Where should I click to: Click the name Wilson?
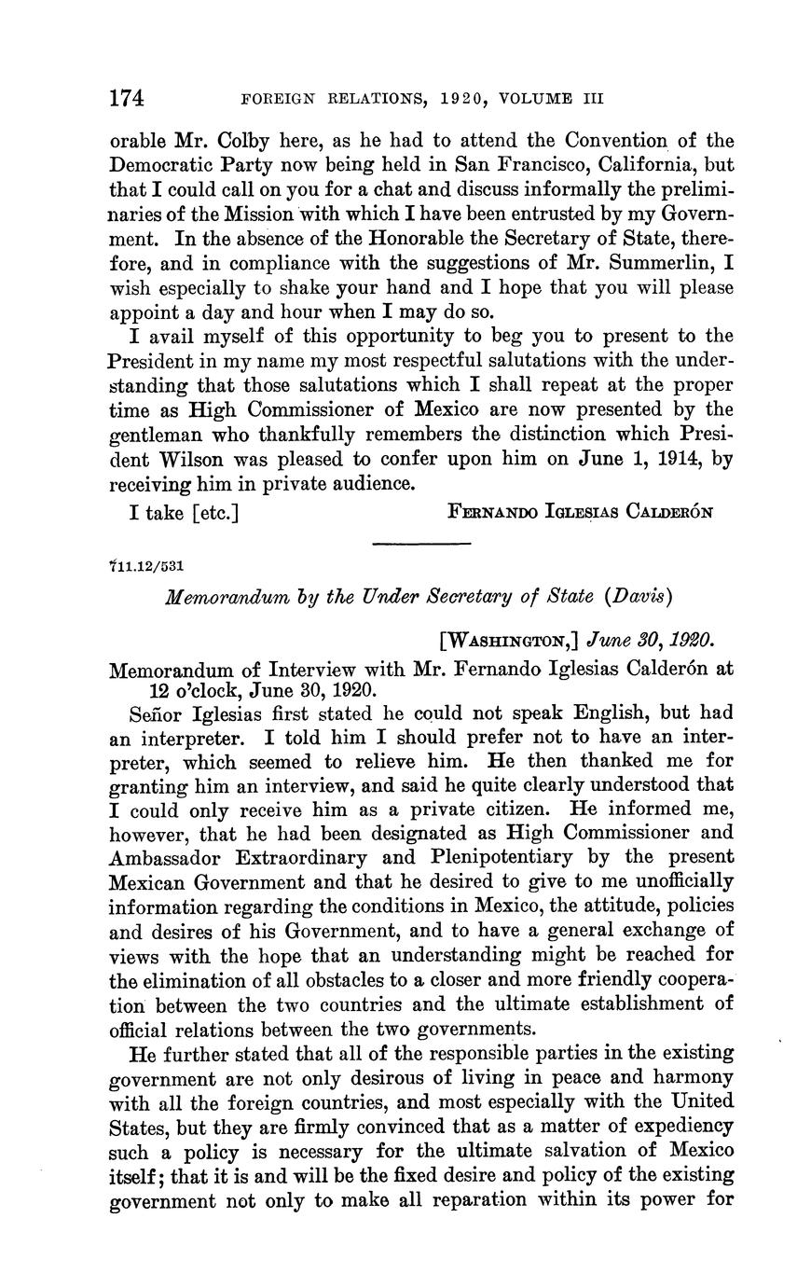pos(189,458)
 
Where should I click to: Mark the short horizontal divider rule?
pos(409,543)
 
